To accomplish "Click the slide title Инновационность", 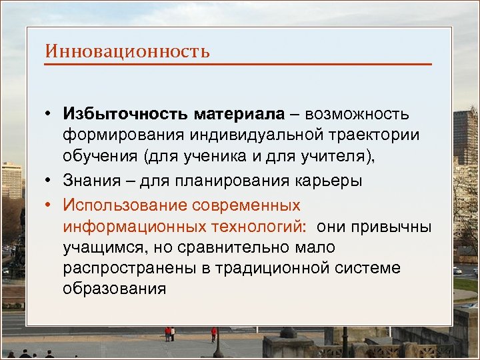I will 127,51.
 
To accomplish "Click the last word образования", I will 114,291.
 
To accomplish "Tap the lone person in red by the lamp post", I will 213,333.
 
